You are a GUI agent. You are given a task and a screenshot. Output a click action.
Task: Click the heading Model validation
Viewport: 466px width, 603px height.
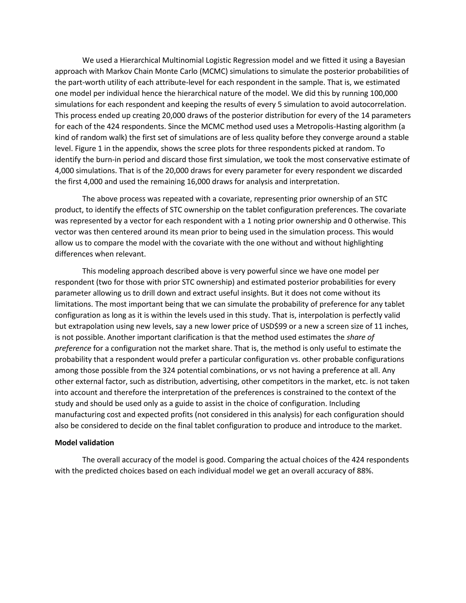tap(84, 443)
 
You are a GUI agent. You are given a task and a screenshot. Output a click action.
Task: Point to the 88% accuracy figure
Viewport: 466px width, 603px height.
tap(365, 471)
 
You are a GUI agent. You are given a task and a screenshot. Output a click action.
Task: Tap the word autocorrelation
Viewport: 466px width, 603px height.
tap(378, 104)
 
